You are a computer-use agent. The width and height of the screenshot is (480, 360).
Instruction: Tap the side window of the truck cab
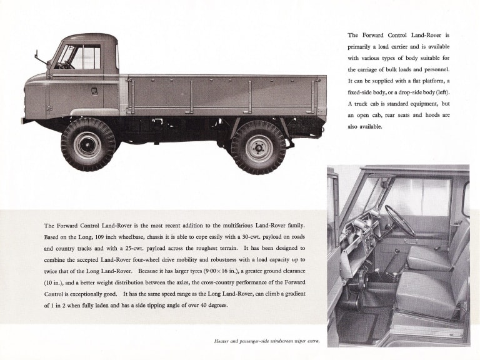click(85, 57)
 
